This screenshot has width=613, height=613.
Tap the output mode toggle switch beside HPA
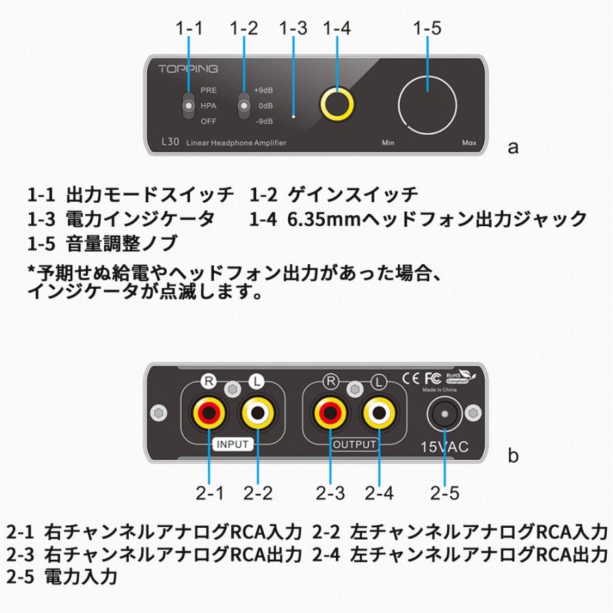(x=188, y=106)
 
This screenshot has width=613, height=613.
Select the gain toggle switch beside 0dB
(x=242, y=106)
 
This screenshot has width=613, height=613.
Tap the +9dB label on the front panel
(x=264, y=91)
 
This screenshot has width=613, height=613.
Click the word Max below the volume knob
(x=469, y=143)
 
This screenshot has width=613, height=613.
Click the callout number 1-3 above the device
(x=294, y=29)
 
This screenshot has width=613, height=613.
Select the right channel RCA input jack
(x=208, y=412)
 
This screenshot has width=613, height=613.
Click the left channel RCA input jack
(x=258, y=412)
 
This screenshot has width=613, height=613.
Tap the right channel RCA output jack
(x=330, y=412)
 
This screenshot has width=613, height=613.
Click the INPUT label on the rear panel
(x=233, y=445)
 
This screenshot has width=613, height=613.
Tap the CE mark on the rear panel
(x=411, y=377)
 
